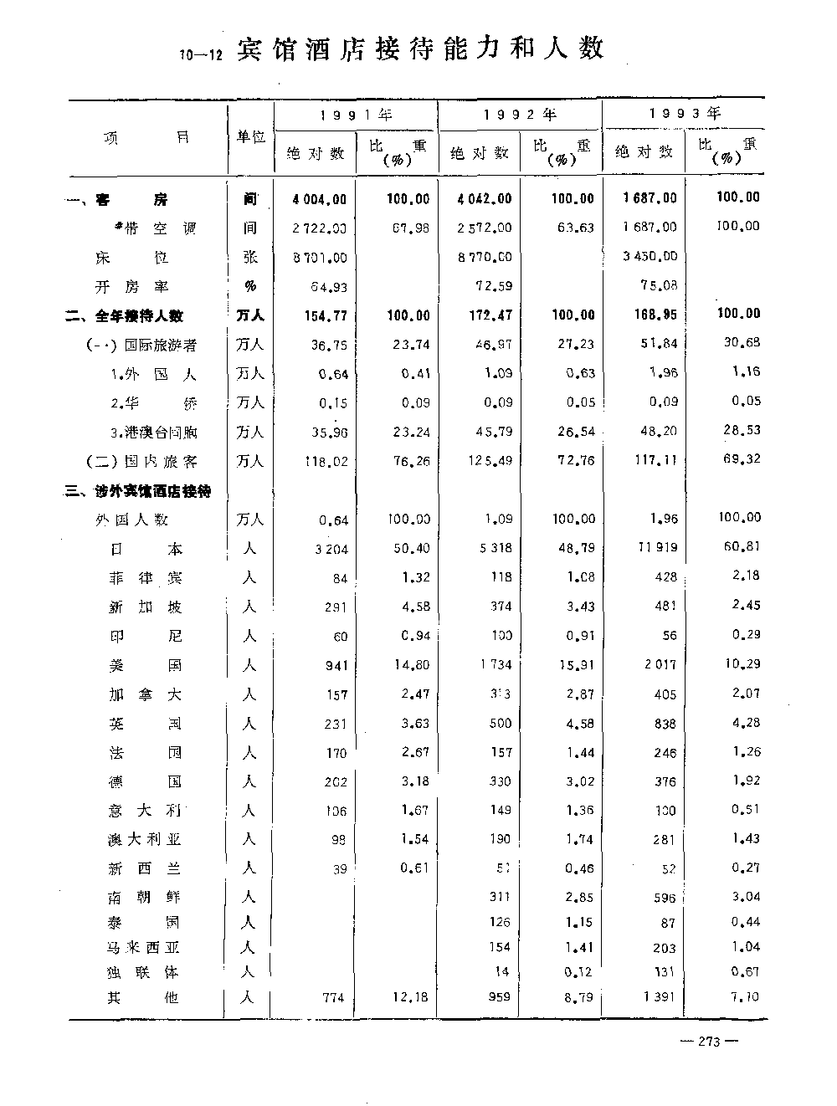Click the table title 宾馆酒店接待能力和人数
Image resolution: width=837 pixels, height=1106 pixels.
click(x=420, y=49)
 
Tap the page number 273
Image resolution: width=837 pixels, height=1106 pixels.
click(x=708, y=1042)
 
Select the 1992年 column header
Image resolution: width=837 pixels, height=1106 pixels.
click(x=520, y=114)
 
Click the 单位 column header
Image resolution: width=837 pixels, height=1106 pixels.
click(x=250, y=137)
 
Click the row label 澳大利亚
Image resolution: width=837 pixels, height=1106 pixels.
click(x=145, y=839)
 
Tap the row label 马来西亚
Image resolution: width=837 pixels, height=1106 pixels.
click(x=145, y=948)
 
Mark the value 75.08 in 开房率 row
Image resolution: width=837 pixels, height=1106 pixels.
click(x=660, y=285)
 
